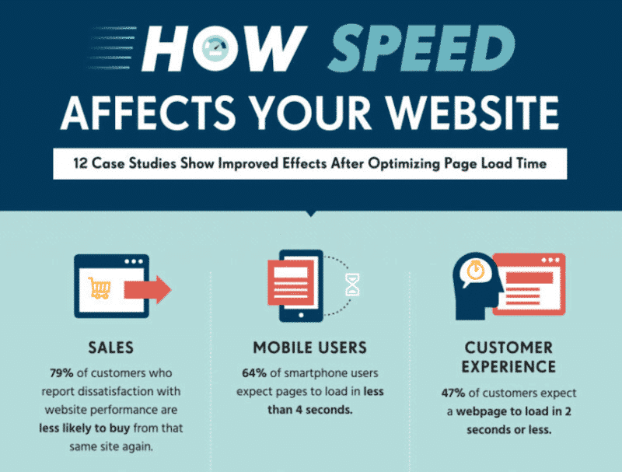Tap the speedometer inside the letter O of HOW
click(212, 49)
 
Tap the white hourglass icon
click(353, 285)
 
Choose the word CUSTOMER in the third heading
click(508, 348)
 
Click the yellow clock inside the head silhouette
click(474, 272)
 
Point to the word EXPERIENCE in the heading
click(508, 366)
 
